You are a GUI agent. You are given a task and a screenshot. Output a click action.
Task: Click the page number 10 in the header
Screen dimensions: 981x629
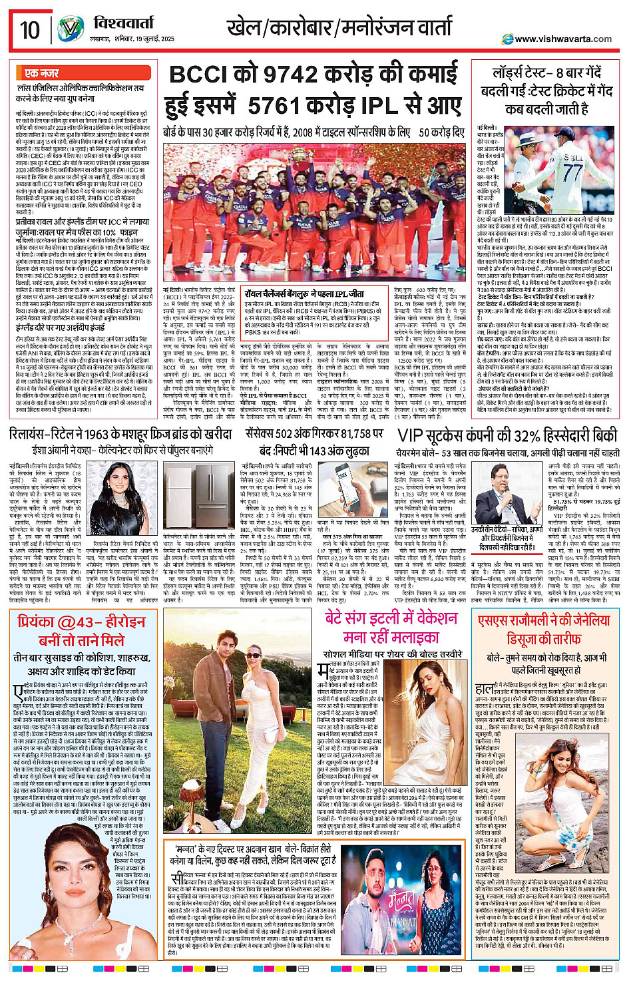click(29, 31)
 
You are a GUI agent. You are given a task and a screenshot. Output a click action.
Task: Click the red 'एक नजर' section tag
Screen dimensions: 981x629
click(41, 73)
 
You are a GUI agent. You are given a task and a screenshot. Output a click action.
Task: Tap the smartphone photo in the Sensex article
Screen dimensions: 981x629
click(344, 486)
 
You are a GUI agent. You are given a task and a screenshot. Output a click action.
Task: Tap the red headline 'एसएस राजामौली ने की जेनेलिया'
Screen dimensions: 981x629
click(544, 621)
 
